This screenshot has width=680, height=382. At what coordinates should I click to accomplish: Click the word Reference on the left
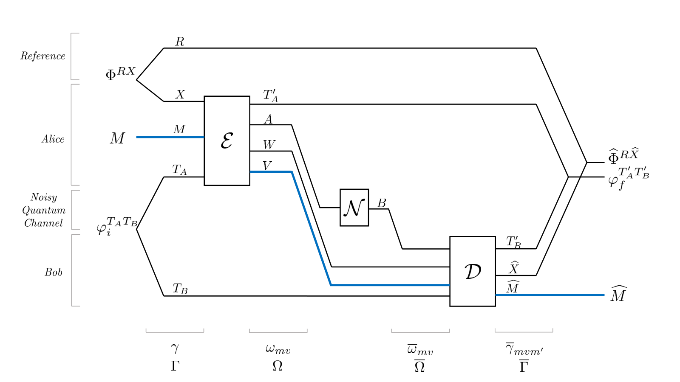(43, 56)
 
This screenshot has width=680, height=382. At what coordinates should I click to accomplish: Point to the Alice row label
(53, 139)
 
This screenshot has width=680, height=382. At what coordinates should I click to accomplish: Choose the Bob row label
(54, 272)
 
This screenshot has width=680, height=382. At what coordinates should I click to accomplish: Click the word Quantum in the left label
(44, 210)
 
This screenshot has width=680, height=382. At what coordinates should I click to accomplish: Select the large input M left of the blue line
(117, 138)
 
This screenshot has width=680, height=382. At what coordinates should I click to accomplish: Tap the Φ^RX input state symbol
(120, 73)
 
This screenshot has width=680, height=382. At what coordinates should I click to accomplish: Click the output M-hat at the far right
(619, 293)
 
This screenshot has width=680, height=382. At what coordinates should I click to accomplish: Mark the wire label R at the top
(180, 42)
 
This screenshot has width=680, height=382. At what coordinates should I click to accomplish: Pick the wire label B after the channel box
(382, 203)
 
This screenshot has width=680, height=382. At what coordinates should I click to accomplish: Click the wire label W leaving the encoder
(269, 145)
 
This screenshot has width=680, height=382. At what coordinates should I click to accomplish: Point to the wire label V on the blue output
(267, 166)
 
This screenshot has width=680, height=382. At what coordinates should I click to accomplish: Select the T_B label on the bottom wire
(180, 289)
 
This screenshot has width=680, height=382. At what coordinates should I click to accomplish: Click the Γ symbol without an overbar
(175, 366)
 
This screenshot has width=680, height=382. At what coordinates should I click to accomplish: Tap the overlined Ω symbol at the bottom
(419, 366)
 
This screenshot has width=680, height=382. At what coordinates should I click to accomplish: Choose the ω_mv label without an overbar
(278, 350)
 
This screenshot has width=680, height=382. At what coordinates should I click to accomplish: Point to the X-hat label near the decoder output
(514, 267)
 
